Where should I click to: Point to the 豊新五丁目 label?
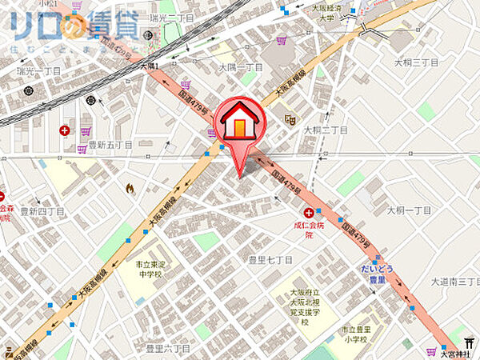110,146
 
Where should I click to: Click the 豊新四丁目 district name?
41,211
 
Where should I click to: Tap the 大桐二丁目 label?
325,130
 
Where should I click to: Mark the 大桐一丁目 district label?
409,210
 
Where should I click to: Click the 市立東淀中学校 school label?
147,268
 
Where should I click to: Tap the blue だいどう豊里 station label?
371,274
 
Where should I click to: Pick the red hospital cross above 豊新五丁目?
64,130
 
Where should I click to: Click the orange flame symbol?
130,189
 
